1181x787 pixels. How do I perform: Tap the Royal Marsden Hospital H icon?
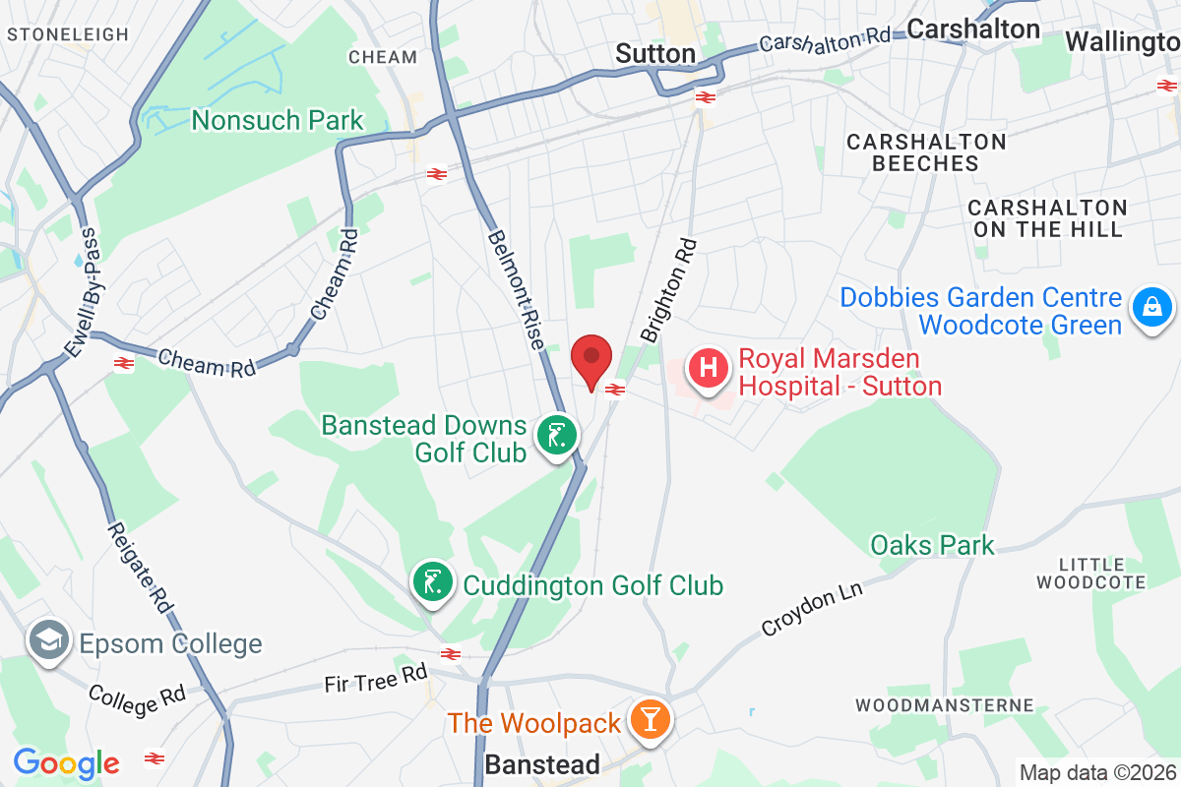708,369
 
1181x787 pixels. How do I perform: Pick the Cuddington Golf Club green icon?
431,581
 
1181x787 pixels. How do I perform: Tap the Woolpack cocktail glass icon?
650,720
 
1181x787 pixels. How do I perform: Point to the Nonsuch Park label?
278,121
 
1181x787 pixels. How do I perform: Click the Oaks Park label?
932,544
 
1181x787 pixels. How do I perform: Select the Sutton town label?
655,53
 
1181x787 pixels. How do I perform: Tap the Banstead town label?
542,764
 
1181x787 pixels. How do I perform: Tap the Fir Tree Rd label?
377,679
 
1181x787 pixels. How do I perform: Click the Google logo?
66,762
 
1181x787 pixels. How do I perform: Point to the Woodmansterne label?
945,704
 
